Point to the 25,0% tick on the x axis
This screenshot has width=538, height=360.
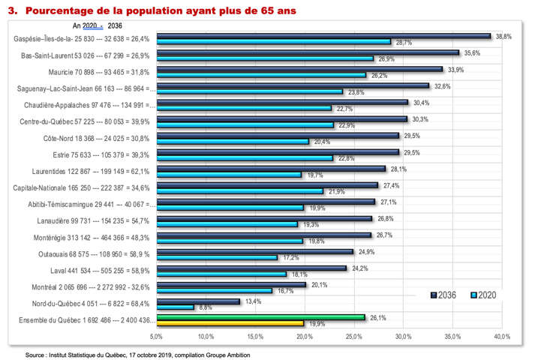(x=353, y=335)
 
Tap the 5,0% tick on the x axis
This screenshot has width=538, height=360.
(x=156, y=335)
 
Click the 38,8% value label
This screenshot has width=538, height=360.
(x=502, y=36)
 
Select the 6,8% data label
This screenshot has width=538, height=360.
(x=205, y=307)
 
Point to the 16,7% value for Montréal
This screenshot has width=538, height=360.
(x=284, y=291)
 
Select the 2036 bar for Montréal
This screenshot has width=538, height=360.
(x=230, y=284)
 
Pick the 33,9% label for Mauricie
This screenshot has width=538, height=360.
(x=455, y=69)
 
